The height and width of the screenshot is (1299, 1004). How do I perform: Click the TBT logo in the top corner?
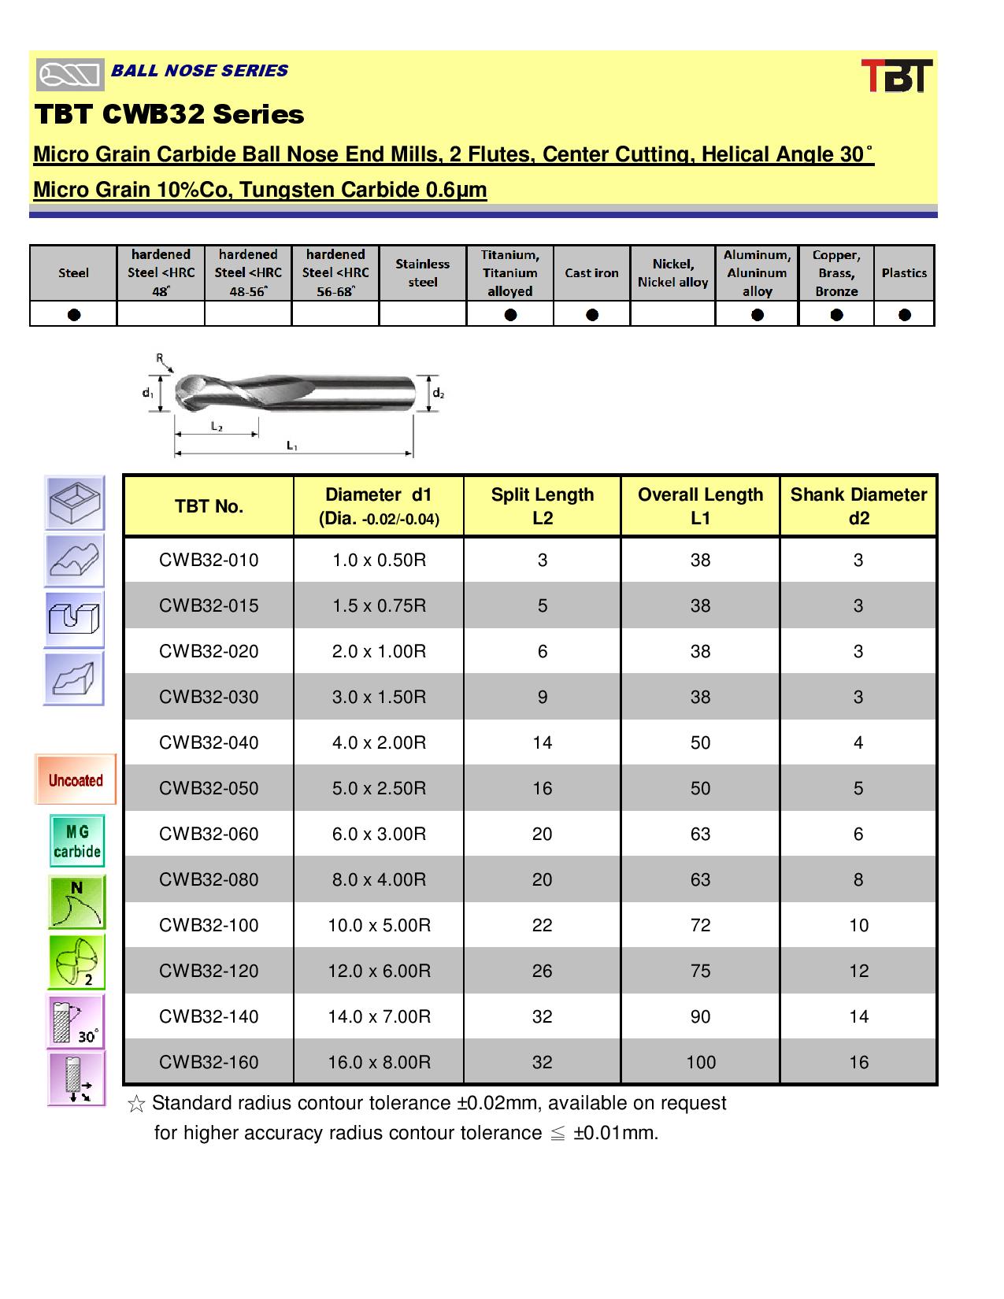[x=896, y=76]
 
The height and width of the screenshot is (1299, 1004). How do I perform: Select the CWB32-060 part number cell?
[x=209, y=834]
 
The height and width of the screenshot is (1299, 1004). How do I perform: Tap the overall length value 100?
[x=700, y=1062]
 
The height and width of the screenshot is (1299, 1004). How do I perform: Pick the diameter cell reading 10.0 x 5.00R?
[x=379, y=925]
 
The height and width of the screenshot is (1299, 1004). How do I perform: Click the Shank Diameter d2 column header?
[x=858, y=506]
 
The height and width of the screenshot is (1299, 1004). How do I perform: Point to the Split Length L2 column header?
[x=542, y=506]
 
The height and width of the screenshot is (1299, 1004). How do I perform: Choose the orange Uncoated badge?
[x=76, y=780]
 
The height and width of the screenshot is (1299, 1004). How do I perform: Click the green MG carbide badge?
[x=77, y=842]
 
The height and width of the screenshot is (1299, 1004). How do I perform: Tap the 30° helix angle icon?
[x=76, y=1022]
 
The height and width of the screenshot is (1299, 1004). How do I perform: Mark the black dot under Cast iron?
[x=592, y=315]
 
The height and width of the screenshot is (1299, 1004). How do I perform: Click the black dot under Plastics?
[x=904, y=315]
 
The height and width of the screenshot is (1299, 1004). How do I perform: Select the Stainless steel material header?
[x=422, y=273]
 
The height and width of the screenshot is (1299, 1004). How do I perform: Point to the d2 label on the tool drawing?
[x=439, y=393]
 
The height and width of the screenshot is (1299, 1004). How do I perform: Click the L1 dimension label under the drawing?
[x=292, y=446]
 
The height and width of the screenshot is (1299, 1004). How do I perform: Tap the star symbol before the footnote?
[x=135, y=1105]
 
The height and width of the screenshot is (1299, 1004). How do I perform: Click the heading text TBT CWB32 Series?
[x=169, y=115]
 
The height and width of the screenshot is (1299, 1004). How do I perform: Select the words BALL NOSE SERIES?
[x=199, y=71]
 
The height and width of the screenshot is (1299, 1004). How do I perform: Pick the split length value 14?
[x=542, y=742]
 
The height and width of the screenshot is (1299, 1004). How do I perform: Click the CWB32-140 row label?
[x=209, y=1016]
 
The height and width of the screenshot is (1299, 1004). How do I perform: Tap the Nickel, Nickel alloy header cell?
[x=672, y=273]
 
